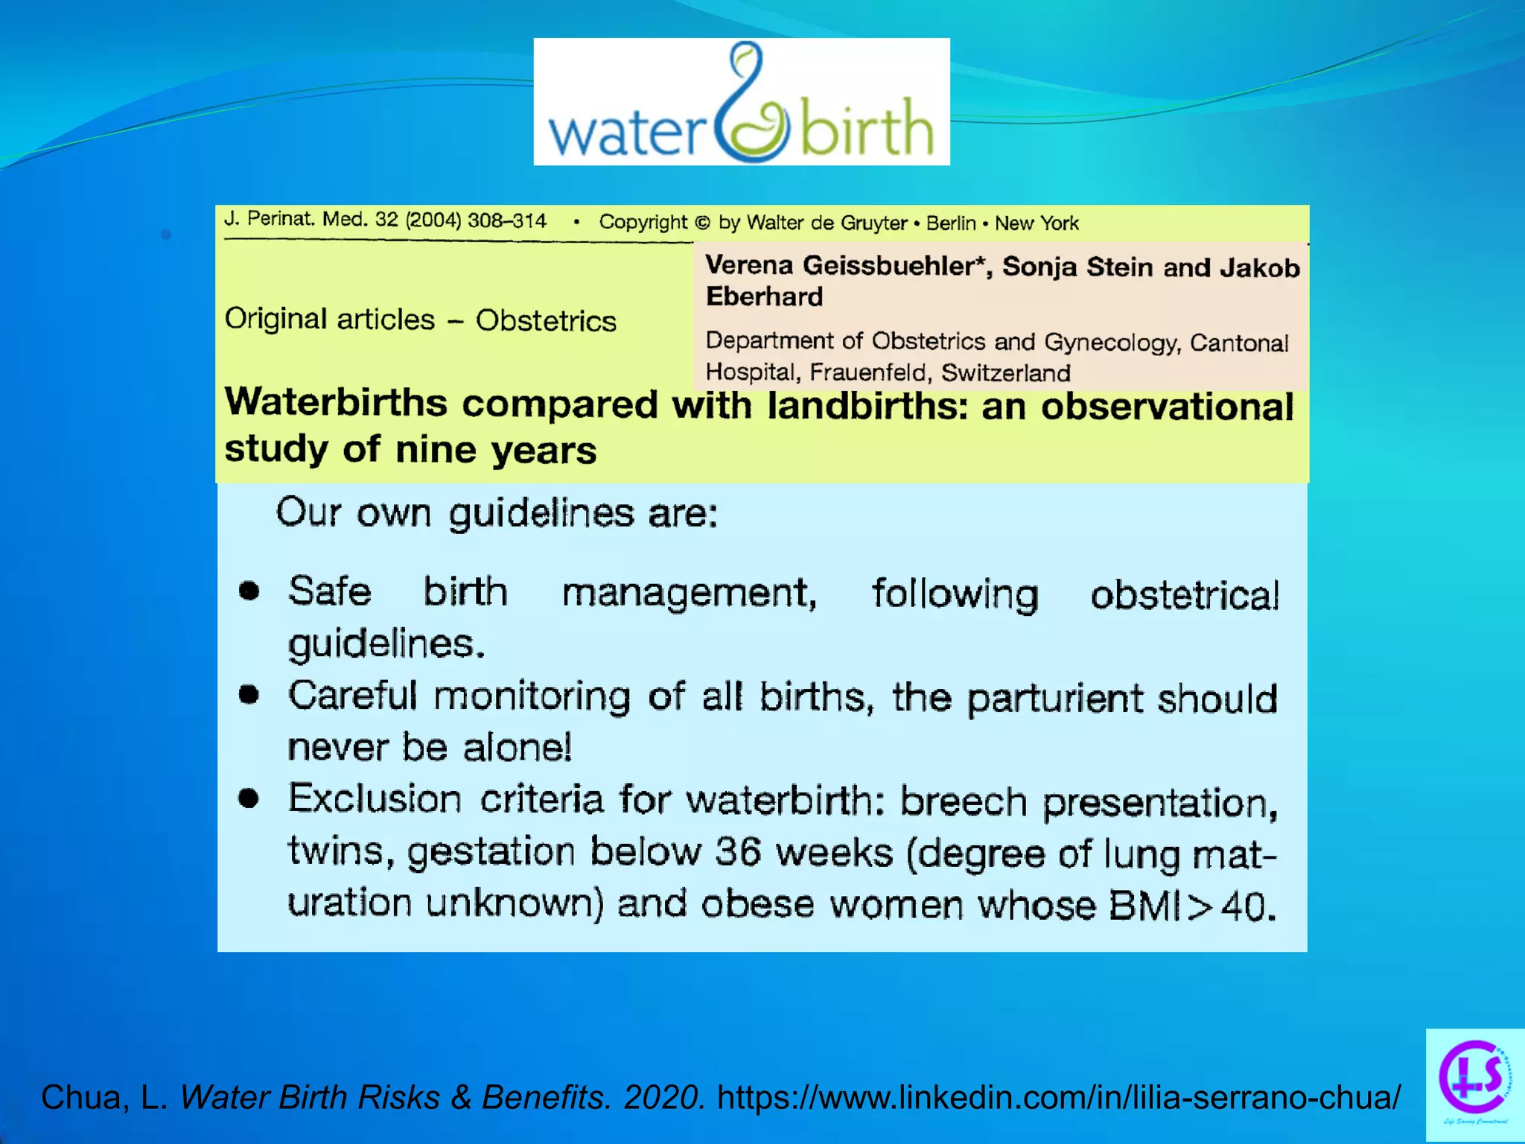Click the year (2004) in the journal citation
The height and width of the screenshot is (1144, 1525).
point(433,220)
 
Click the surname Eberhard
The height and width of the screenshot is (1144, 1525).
point(764,296)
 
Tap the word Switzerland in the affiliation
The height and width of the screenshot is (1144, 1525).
point(1005,372)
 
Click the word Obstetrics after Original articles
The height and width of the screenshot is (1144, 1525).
point(546,321)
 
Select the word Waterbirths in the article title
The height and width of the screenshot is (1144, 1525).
point(336,403)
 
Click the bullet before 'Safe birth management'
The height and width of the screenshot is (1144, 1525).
point(249,591)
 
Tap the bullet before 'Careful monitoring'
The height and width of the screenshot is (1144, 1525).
point(249,695)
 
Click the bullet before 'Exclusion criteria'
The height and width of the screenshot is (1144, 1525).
point(249,798)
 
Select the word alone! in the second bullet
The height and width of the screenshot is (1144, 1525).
point(518,747)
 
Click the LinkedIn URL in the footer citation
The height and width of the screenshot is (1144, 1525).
point(1058,1097)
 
